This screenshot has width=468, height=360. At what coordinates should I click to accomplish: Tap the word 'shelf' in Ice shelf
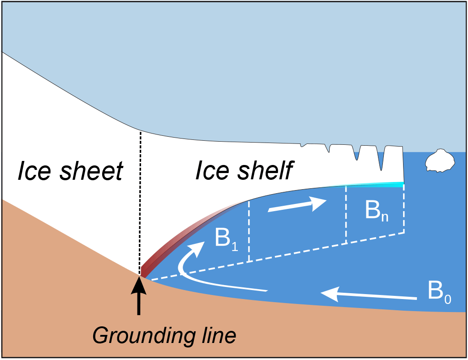(261, 170)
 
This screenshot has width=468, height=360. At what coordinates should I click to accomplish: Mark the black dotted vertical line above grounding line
(140, 202)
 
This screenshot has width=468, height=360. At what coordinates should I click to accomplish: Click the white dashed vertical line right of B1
(249, 231)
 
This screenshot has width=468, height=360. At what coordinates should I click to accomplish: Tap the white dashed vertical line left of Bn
(346, 215)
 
